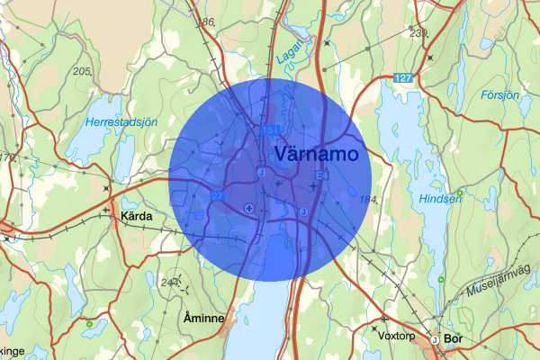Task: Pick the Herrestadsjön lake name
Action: (121, 121)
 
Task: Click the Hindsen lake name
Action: (441, 199)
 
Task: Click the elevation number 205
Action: (83, 71)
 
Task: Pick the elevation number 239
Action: (418, 32)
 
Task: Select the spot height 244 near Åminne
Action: (168, 282)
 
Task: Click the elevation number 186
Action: (207, 21)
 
